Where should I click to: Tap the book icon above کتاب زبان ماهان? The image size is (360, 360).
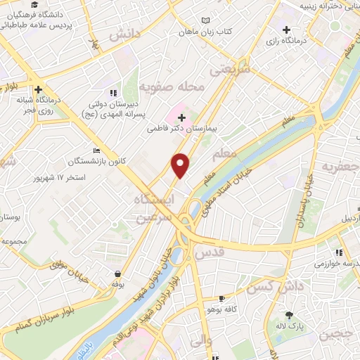205,20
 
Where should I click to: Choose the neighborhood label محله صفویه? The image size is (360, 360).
172,87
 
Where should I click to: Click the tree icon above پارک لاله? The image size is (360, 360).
289,315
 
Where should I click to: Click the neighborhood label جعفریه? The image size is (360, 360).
340,167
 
